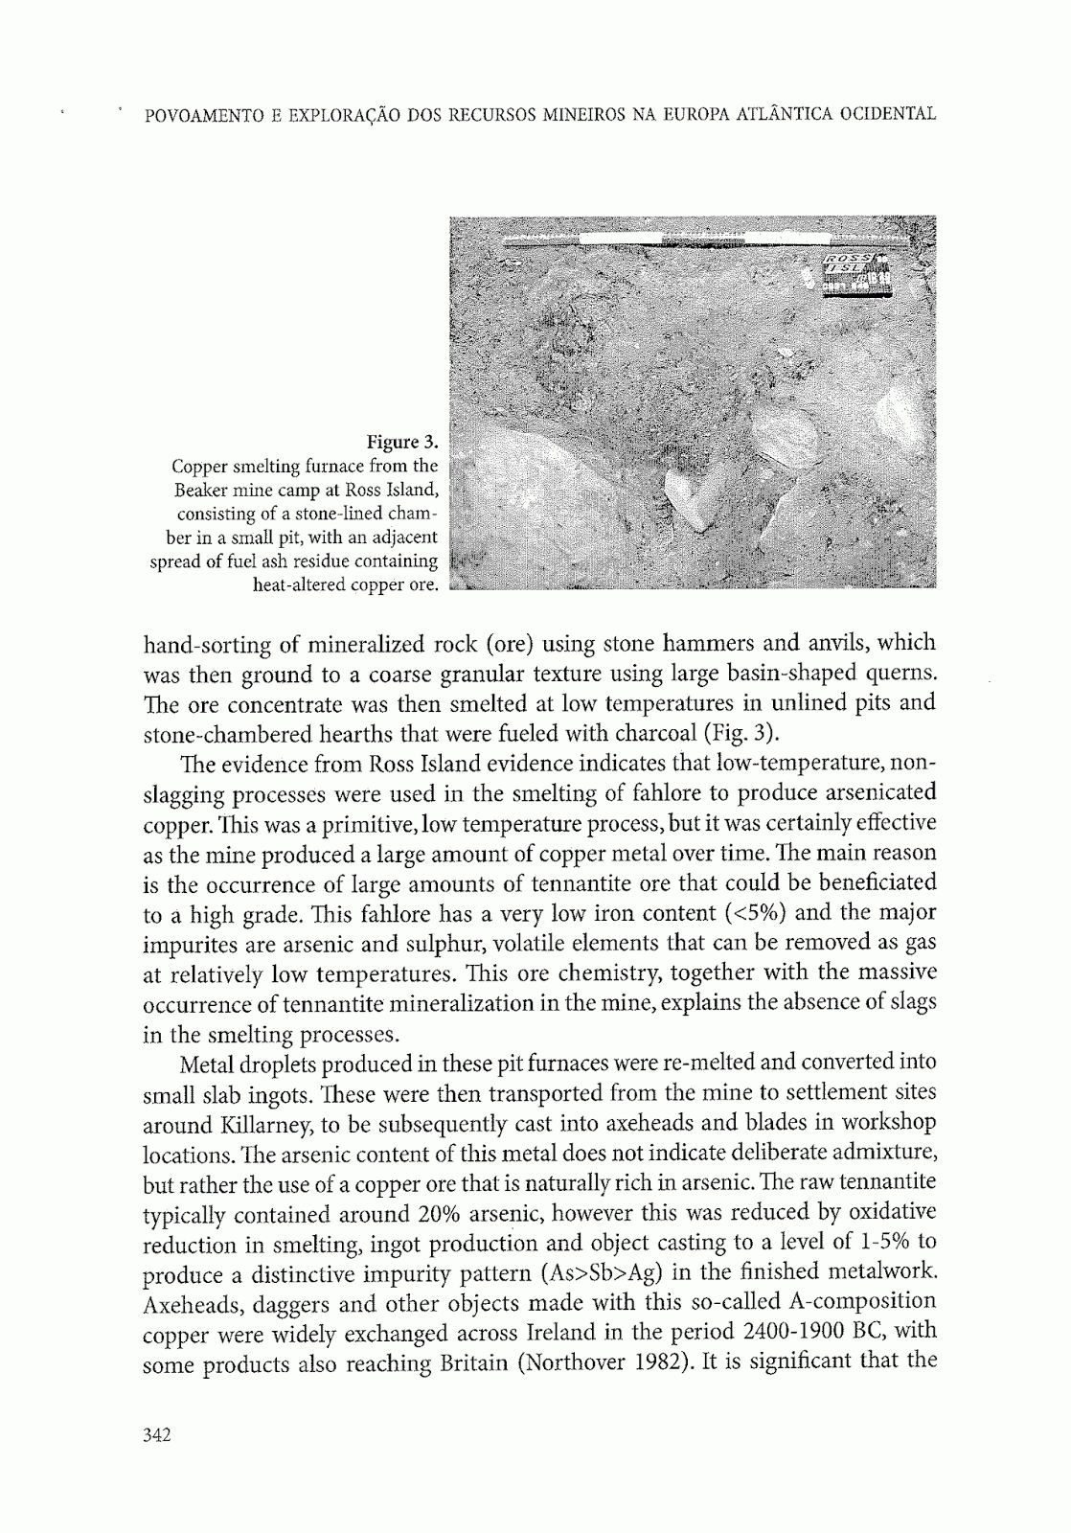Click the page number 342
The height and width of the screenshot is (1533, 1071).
click(x=155, y=1434)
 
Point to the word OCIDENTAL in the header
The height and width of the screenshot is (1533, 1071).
click(x=887, y=115)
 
